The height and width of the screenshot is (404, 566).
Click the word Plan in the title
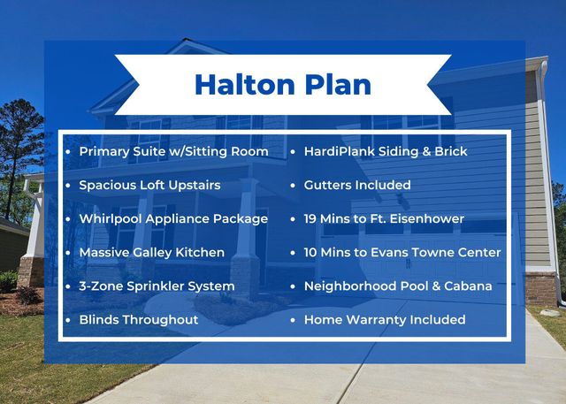click(335, 84)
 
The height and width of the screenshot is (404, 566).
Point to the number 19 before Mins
click(312, 218)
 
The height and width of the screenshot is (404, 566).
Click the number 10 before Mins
click(312, 252)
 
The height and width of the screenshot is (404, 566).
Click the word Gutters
click(329, 185)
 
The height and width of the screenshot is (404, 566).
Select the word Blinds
click(100, 319)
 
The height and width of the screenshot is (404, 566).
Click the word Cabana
click(468, 286)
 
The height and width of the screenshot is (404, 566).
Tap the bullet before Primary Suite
click(68, 151)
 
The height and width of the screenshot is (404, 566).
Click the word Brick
click(448, 151)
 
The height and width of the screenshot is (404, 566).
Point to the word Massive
click(104, 252)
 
